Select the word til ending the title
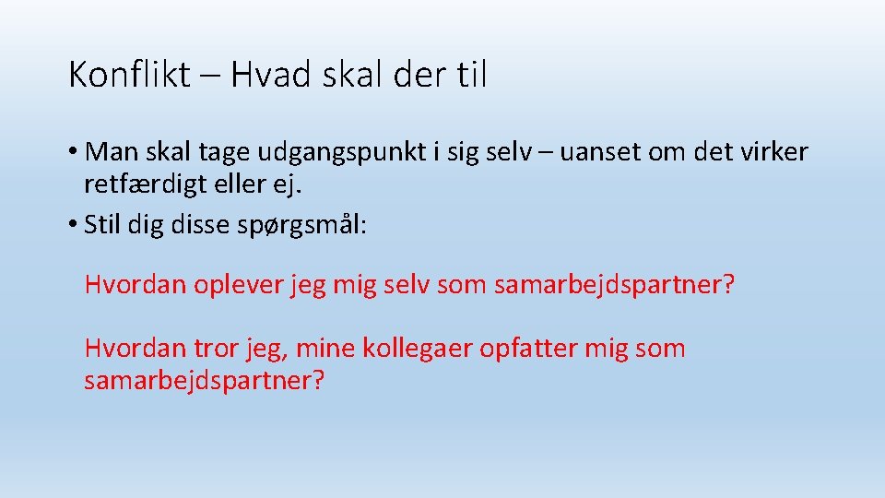pos(470,75)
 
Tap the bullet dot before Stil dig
pos(75,225)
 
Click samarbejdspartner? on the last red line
pos(205,381)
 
